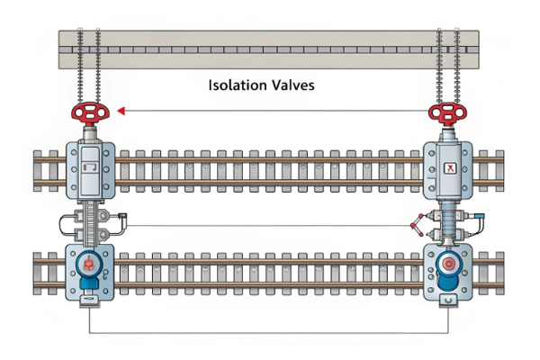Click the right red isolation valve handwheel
(447, 113)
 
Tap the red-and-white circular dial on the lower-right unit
(447, 265)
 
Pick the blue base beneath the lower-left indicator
(88, 283)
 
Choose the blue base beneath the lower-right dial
(447, 284)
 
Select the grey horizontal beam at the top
(270, 48)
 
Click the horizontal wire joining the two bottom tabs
(270, 334)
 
